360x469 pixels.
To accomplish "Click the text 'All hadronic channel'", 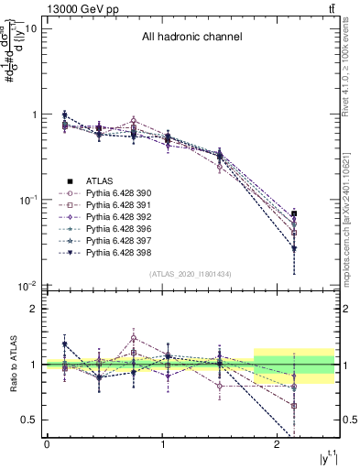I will coord(191,38).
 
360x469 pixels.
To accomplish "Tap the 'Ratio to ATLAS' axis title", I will coord(13,365).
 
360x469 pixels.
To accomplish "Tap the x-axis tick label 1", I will coord(163,444).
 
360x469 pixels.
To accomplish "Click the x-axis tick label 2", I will coord(279,444).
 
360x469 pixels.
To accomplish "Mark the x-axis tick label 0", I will coord(47,444).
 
